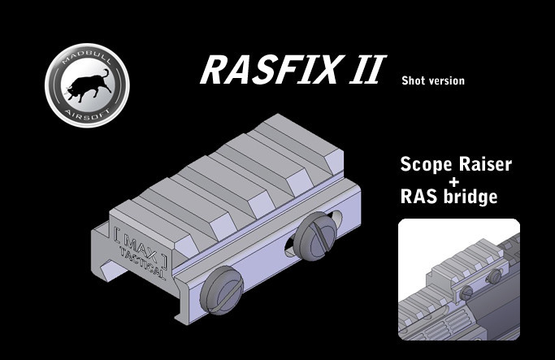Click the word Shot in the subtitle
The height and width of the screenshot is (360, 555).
tap(413, 80)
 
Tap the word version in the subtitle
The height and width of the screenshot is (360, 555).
tap(446, 81)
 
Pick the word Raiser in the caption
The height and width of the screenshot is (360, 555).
tap(484, 166)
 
